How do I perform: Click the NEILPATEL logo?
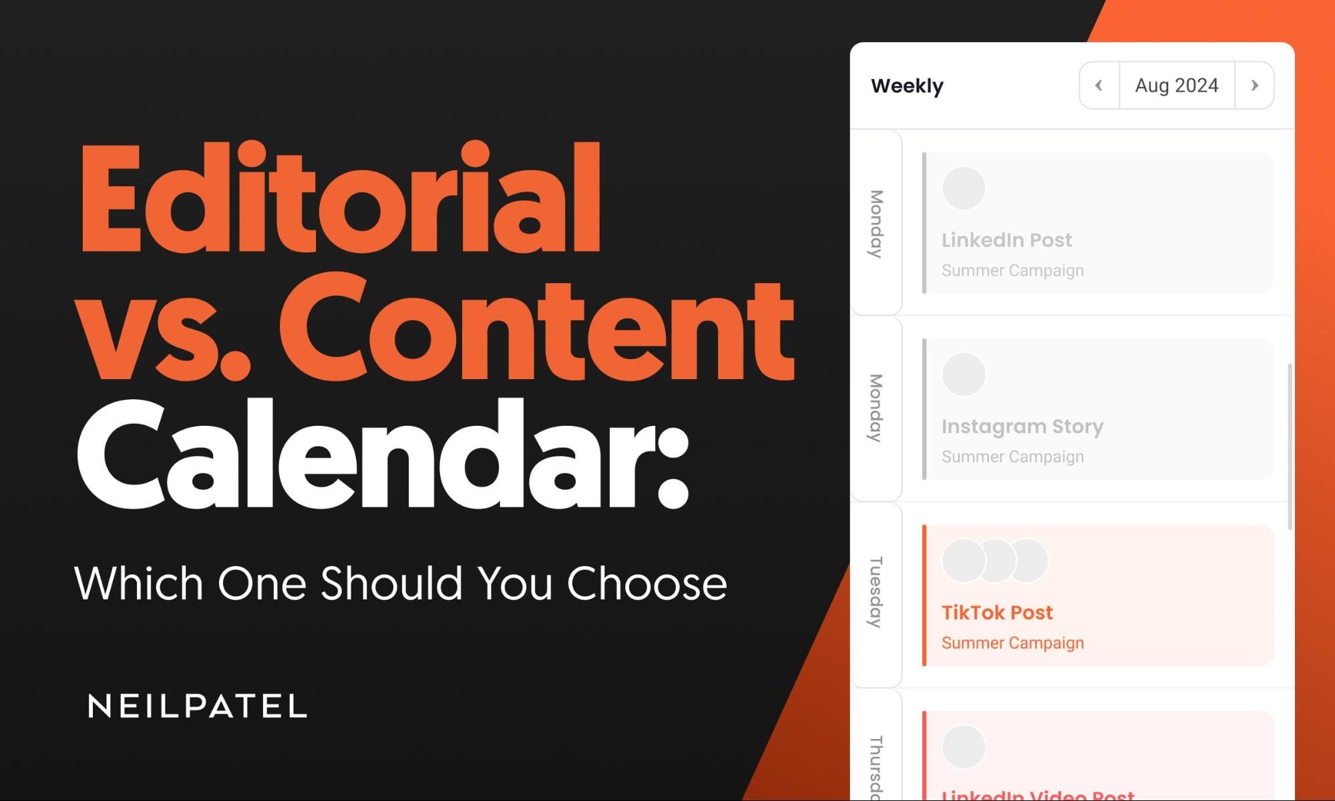[x=198, y=706]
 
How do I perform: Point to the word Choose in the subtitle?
[x=646, y=583]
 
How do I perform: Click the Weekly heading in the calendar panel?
[x=907, y=86]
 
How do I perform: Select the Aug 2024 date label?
[x=1177, y=85]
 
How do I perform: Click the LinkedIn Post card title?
[x=1006, y=240]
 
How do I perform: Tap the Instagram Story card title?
[x=1022, y=427]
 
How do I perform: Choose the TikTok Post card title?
[x=997, y=613]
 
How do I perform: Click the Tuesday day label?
[x=876, y=592]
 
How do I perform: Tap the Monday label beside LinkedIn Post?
[x=876, y=224]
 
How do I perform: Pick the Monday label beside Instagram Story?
[x=876, y=408]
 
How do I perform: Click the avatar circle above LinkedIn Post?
[x=963, y=188]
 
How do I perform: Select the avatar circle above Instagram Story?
[x=963, y=374]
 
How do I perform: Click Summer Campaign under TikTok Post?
[x=1012, y=643]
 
